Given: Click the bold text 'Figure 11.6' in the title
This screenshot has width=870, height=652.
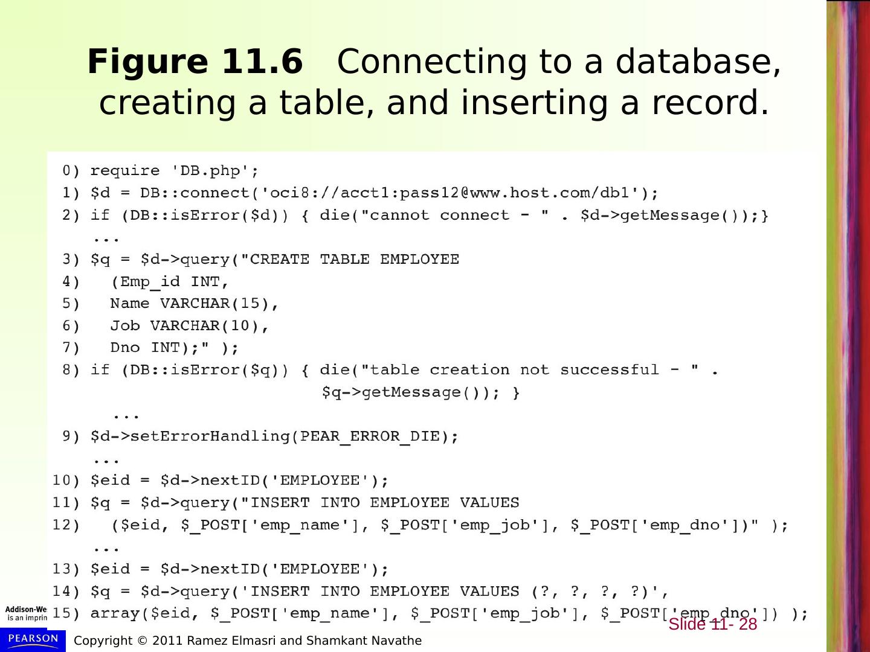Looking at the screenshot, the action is coord(195,62).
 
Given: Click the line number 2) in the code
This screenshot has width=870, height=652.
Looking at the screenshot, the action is coord(71,216).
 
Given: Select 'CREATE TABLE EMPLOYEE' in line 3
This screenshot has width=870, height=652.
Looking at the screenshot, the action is coord(354,260).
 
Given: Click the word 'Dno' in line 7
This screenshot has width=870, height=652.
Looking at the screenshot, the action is coord(124,348).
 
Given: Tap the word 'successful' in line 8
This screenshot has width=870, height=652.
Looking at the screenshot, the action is coord(609,370).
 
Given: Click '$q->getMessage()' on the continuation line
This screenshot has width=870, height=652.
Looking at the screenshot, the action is coord(405,392).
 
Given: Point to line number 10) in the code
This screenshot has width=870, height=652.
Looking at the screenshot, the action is coord(66,481).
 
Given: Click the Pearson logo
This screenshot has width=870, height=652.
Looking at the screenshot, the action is coord(33,639).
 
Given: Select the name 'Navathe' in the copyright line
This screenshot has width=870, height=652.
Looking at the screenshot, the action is coord(398,641).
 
